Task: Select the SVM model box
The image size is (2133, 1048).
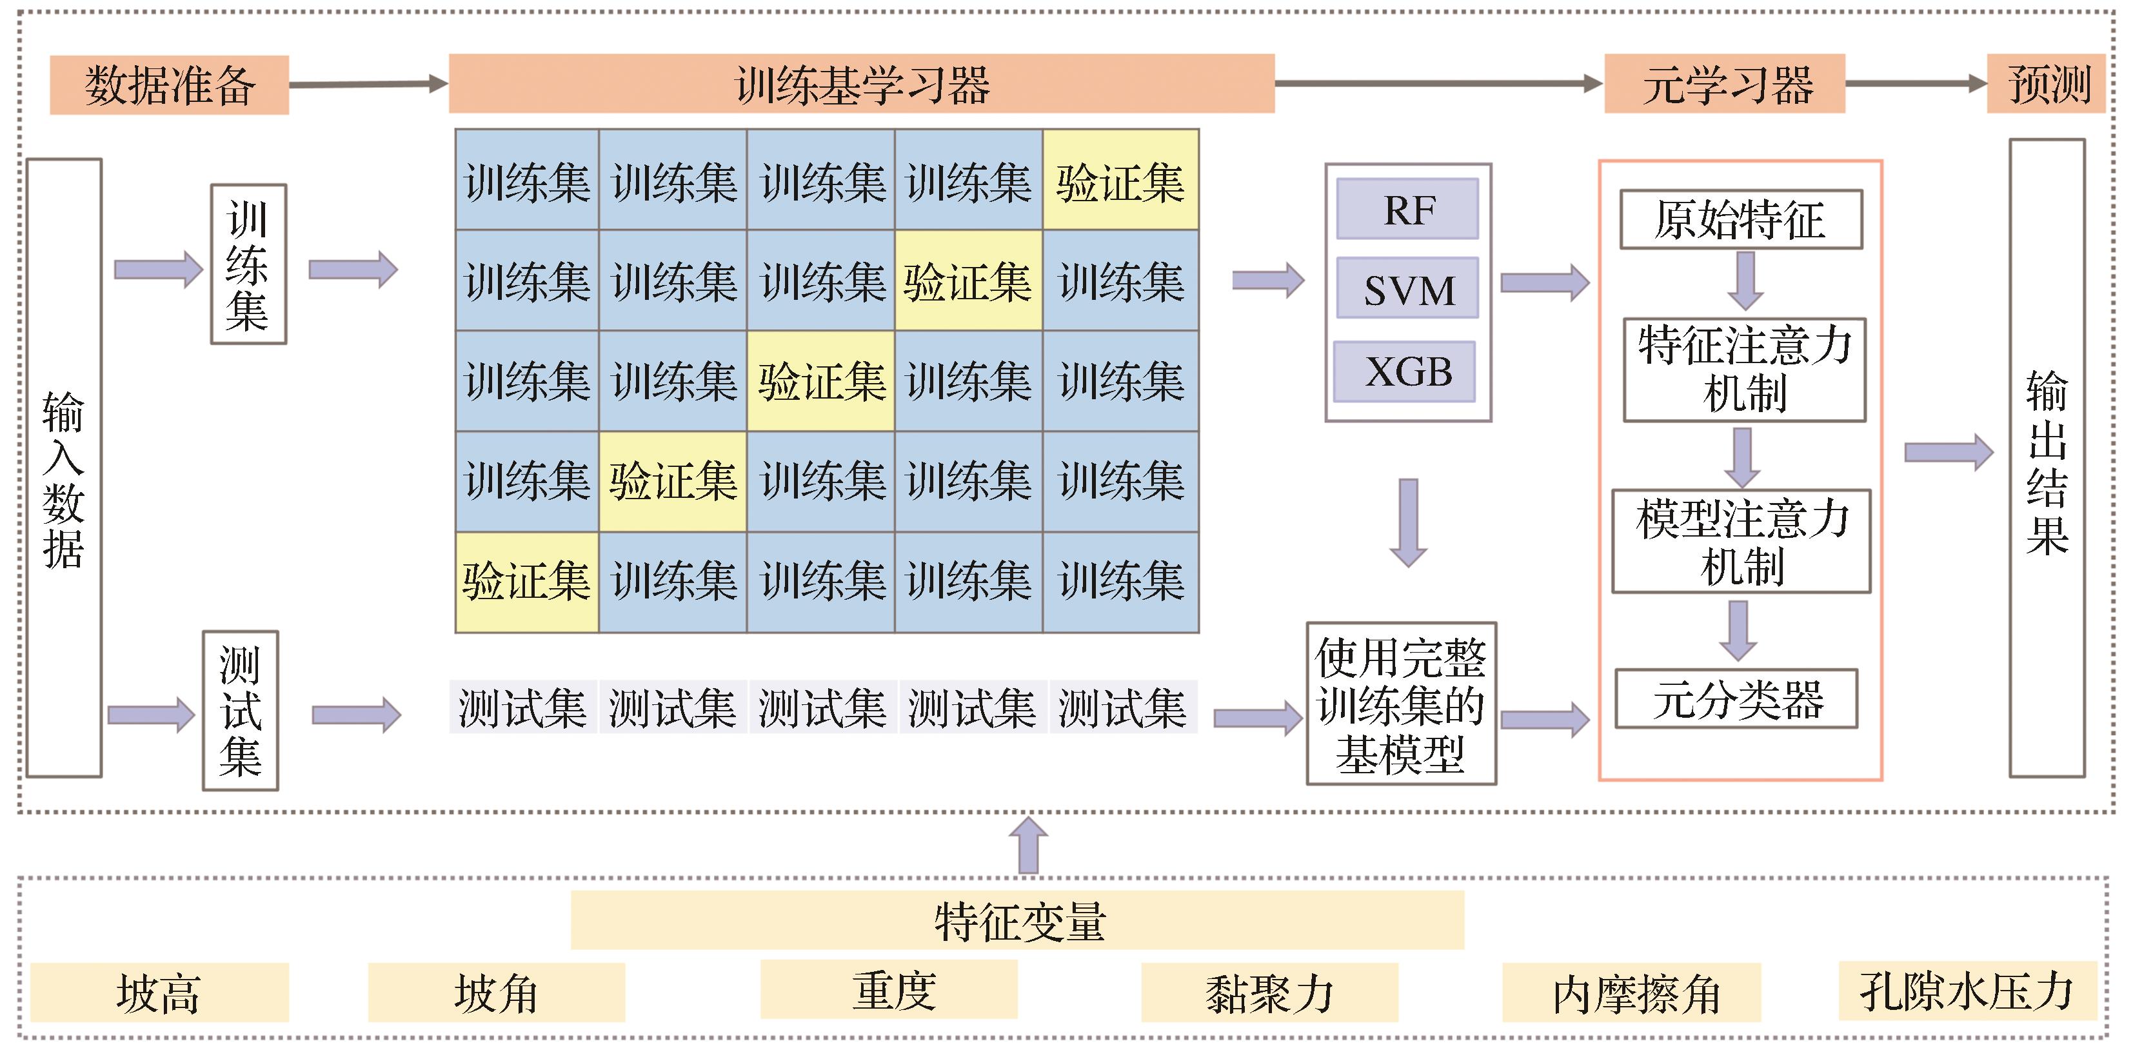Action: coord(1407,289)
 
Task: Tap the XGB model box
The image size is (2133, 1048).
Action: coord(1405,371)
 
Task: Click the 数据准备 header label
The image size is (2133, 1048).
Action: coord(170,84)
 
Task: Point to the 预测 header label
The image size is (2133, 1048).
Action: coord(2046,84)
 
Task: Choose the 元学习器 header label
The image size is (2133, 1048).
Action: coord(1725,84)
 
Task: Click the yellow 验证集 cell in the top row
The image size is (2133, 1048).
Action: coord(1120,180)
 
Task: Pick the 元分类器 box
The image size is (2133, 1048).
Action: coord(1736,698)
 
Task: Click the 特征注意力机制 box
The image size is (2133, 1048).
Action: coord(1745,370)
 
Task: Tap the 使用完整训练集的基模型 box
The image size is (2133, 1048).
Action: coord(1401,704)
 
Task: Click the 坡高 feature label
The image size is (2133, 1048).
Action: coord(159,993)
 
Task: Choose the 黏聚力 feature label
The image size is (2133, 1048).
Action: coord(1269,993)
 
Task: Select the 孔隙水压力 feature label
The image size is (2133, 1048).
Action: coord(1967,991)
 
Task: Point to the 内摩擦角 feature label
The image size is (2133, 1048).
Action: coord(1631,993)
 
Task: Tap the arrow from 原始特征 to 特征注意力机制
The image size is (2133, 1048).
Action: coord(1745,281)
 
